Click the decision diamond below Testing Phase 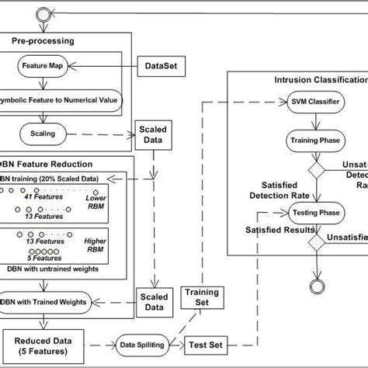point(315,242)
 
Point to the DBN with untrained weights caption point(55,268)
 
